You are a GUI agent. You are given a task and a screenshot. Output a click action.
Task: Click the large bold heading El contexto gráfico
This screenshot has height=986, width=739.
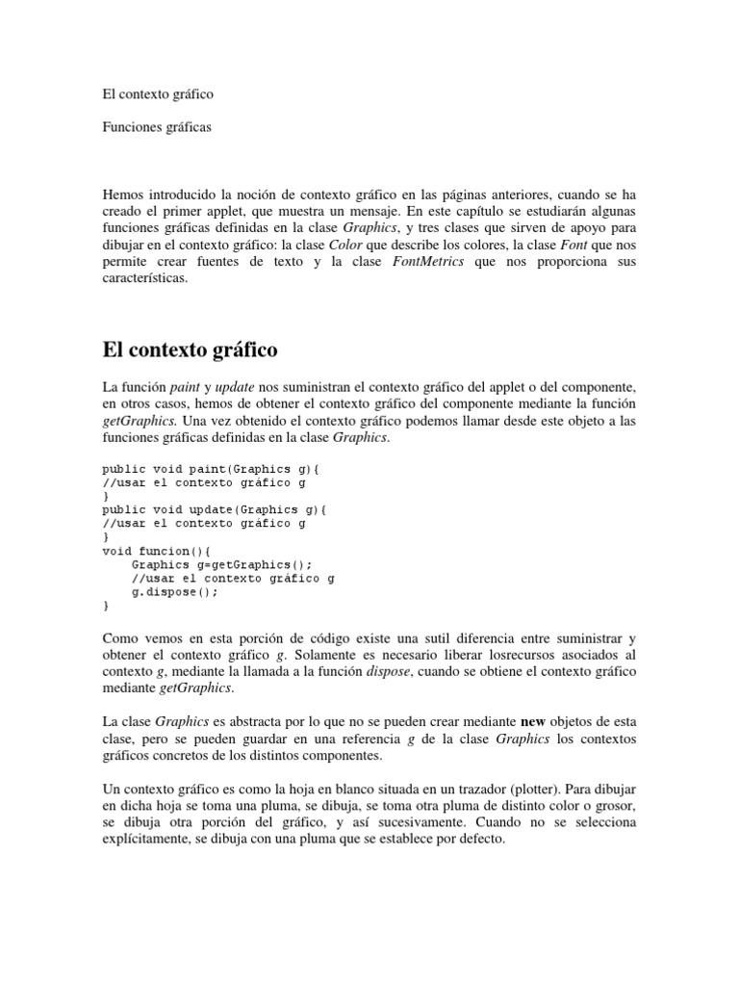190,348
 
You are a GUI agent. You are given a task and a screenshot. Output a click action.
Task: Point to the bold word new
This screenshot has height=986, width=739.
535,721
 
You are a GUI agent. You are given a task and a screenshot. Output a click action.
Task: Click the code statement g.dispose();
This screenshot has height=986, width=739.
174,592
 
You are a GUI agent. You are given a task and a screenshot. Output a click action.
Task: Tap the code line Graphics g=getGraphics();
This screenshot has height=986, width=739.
222,565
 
